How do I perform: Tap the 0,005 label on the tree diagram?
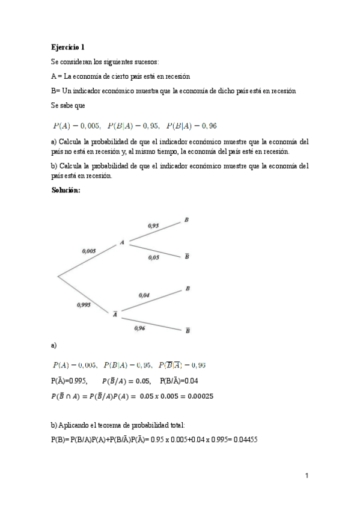tap(88, 251)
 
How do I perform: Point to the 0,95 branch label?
tap(154, 226)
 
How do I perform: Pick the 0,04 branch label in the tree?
tap(144, 295)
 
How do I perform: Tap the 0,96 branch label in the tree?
tap(140, 328)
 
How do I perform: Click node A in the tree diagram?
tap(122, 242)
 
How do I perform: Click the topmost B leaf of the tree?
tap(186, 221)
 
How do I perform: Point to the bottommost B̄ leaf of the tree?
tap(188, 331)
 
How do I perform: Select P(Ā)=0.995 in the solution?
tap(69, 381)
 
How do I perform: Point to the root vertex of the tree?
tap(58, 277)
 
